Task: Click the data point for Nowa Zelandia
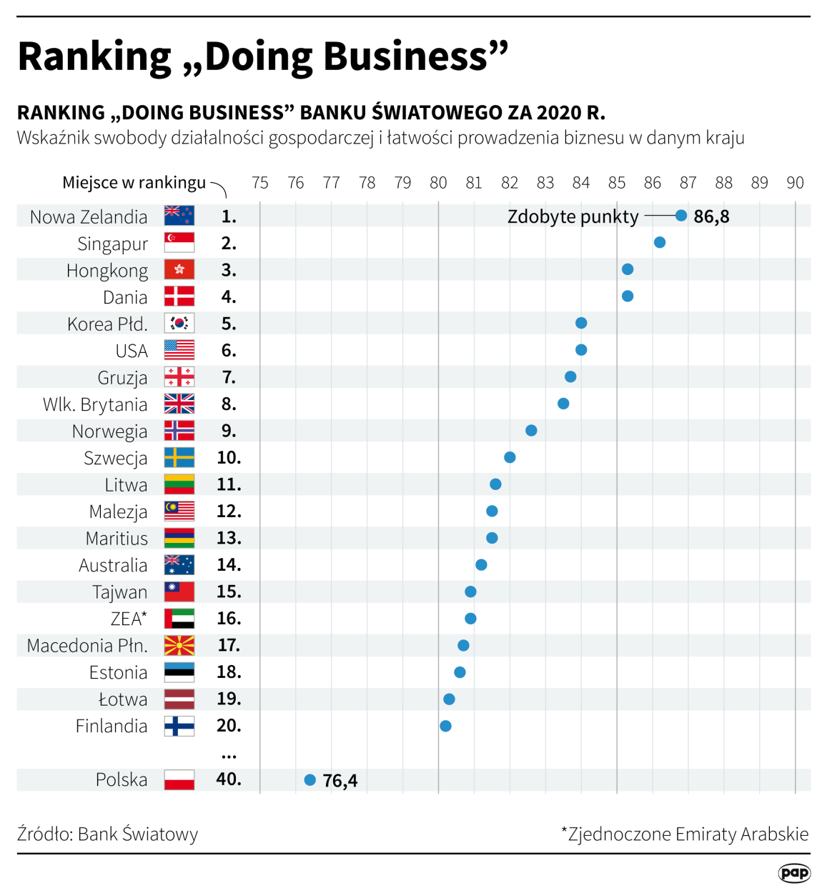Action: pyautogui.click(x=681, y=216)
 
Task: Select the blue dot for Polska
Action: pyautogui.click(x=310, y=780)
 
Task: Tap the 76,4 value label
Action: pyautogui.click(x=340, y=781)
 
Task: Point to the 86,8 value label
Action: pyautogui.click(x=711, y=216)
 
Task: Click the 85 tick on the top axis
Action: pyautogui.click(x=617, y=183)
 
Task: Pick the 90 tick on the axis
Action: pyautogui.click(x=795, y=183)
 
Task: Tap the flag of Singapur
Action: pyautogui.click(x=179, y=243)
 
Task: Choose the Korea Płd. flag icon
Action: pyautogui.click(x=179, y=324)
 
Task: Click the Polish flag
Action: pyautogui.click(x=179, y=779)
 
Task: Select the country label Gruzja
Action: pyautogui.click(x=122, y=378)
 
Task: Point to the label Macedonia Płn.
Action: pyautogui.click(x=87, y=646)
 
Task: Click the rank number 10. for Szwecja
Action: pyautogui.click(x=229, y=458)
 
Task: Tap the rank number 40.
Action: pyautogui.click(x=229, y=779)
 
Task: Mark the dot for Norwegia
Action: pyautogui.click(x=531, y=431)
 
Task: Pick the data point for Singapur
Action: pyautogui.click(x=660, y=243)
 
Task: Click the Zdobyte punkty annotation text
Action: pyautogui.click(x=573, y=216)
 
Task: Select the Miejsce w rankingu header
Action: pyautogui.click(x=134, y=183)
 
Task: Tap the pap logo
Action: pyautogui.click(x=794, y=873)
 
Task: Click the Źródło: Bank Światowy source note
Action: pyautogui.click(x=107, y=834)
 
